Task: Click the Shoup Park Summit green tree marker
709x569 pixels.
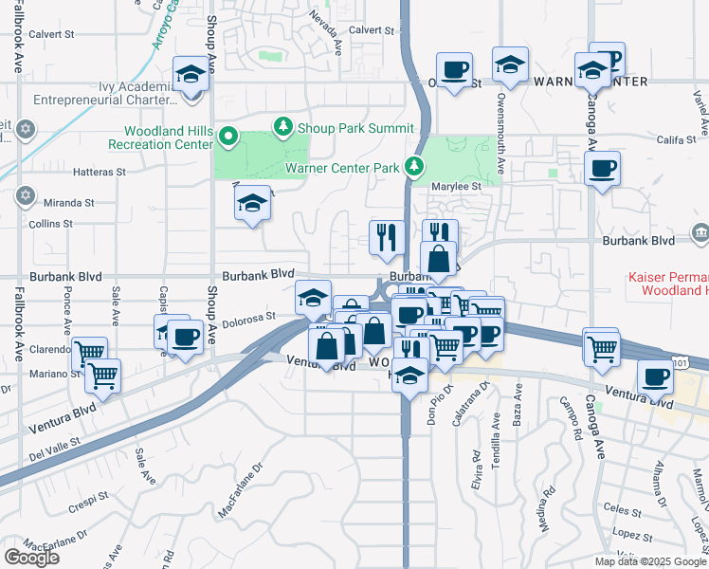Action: click(282, 126)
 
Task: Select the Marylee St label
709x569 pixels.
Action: click(459, 187)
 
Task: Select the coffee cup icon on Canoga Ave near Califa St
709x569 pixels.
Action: click(602, 170)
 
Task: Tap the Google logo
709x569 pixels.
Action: click(31, 558)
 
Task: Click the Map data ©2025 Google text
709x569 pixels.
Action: click(649, 561)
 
